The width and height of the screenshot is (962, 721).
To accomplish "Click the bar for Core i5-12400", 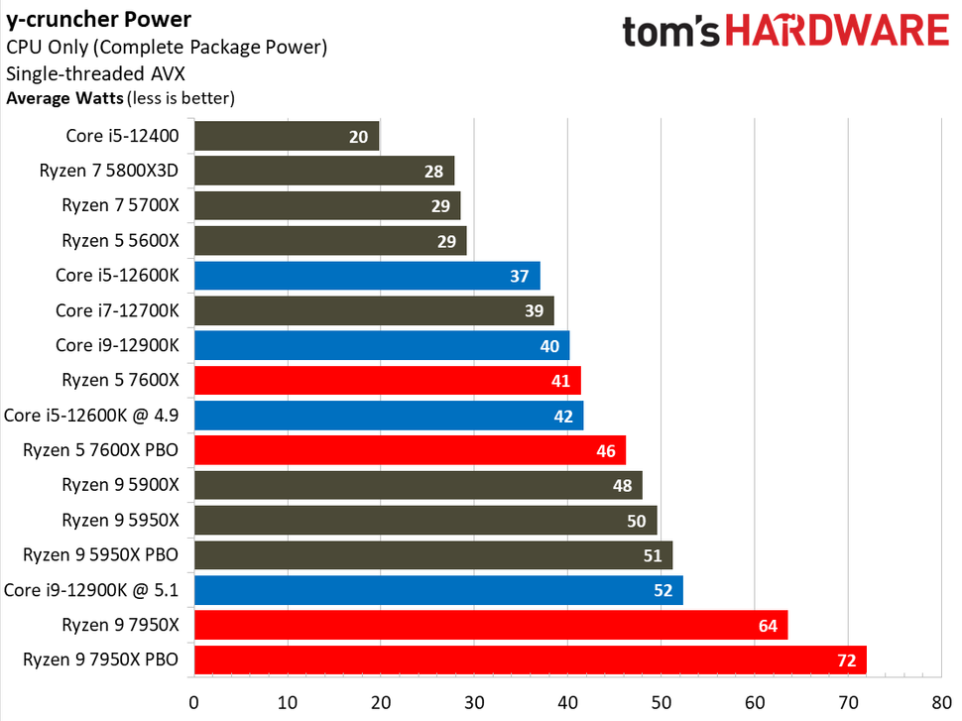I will (x=287, y=136).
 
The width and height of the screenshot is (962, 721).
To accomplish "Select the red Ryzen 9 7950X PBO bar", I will (x=530, y=660).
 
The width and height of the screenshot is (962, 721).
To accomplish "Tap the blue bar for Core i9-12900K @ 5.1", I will (x=438, y=590).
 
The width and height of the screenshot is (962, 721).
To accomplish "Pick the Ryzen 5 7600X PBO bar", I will (x=410, y=450).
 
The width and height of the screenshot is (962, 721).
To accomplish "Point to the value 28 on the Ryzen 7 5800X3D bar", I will (x=432, y=172).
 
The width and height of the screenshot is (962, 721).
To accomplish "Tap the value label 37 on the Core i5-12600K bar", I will (x=519, y=276).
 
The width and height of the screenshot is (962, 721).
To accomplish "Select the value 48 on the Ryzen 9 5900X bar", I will (x=621, y=486).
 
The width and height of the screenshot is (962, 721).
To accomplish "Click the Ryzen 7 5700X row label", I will (x=120, y=205).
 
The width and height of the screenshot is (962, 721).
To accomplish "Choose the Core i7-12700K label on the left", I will (x=117, y=310).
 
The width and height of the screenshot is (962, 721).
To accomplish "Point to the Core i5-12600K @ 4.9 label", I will (x=91, y=416).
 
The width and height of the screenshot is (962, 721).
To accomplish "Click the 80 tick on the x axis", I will (x=941, y=703).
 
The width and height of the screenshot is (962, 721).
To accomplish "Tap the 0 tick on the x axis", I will (x=194, y=703).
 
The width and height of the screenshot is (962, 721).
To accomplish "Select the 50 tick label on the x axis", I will (x=661, y=703).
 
